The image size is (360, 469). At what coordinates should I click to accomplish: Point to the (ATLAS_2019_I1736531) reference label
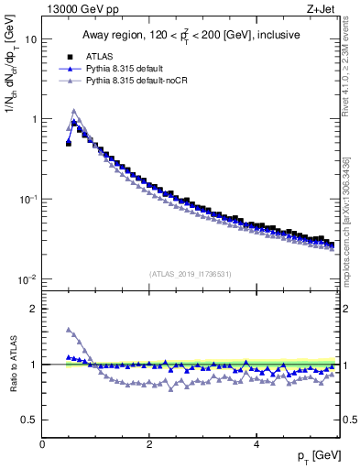[191, 273]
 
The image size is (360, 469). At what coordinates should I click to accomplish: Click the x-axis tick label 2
[148, 444]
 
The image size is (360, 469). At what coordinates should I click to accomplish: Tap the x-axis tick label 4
[256, 444]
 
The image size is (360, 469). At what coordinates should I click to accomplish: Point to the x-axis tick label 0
[42, 444]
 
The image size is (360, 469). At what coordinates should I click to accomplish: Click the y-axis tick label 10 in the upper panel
[29, 39]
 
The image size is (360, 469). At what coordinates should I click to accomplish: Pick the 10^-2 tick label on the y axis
[27, 278]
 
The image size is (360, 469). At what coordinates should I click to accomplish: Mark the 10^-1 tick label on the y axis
[27, 199]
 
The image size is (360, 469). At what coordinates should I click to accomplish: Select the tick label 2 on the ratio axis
[33, 309]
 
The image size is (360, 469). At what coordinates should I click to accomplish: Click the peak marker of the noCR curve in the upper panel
[74, 112]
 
